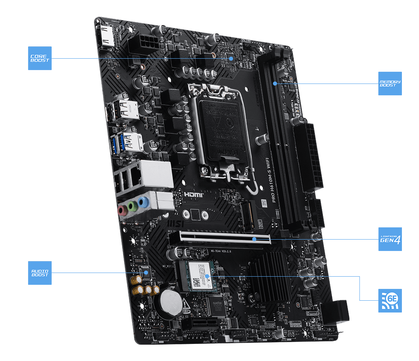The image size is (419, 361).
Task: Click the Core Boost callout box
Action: (x=40, y=58)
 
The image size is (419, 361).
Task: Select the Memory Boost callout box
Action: (x=390, y=84)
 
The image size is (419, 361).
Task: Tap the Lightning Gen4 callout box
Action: (x=390, y=239)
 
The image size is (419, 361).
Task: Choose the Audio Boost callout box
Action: (x=40, y=273)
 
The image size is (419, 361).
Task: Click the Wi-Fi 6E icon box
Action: (x=390, y=301)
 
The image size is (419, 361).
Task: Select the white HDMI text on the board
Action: (x=194, y=196)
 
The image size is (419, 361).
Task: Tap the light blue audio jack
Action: (x=142, y=202)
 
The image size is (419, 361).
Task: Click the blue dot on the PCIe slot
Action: (x=254, y=239)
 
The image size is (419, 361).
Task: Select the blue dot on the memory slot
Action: (x=275, y=84)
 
